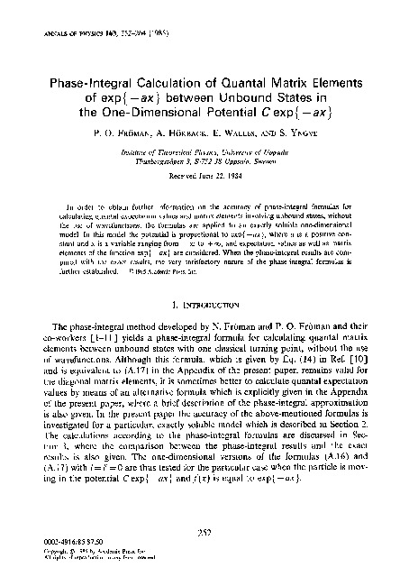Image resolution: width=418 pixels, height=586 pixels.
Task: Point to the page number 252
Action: [209, 532]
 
